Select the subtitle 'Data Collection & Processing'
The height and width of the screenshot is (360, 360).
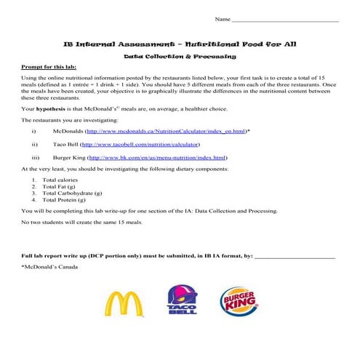click(x=180, y=55)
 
